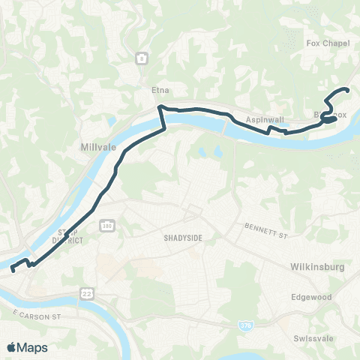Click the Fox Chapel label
click(x=324, y=43)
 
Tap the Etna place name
click(x=159, y=90)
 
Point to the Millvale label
click(x=97, y=148)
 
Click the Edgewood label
click(x=311, y=297)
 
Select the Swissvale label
click(x=313, y=337)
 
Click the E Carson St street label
click(x=35, y=310)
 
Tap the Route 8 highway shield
click(x=141, y=58)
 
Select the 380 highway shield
click(x=106, y=223)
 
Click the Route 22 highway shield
click(x=85, y=290)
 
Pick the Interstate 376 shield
click(x=245, y=325)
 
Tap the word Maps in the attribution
click(x=33, y=347)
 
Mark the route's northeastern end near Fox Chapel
click(x=348, y=91)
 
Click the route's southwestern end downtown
click(x=12, y=270)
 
